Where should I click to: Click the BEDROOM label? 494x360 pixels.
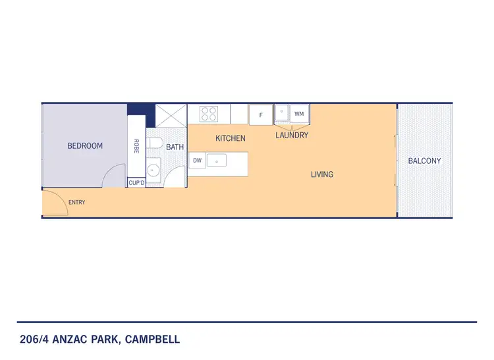[85, 146]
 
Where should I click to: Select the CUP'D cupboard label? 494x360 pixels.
[136, 183]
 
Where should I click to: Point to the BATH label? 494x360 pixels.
[175, 147]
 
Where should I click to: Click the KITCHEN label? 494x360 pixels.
[231, 139]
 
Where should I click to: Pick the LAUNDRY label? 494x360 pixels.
[292, 136]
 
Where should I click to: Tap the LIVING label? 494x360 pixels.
[322, 174]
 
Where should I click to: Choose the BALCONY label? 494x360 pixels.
[424, 161]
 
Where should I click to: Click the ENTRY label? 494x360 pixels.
[76, 202]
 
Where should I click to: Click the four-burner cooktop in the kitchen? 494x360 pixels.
[209, 114]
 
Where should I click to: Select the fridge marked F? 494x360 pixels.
[261, 115]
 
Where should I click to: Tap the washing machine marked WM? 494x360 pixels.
[300, 114]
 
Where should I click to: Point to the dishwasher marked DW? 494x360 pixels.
[196, 160]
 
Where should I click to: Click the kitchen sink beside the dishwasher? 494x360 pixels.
[217, 160]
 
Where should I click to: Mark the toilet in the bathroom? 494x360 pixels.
[154, 143]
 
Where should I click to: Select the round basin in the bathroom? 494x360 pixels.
[153, 170]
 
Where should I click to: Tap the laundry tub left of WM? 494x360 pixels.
[283, 113]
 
